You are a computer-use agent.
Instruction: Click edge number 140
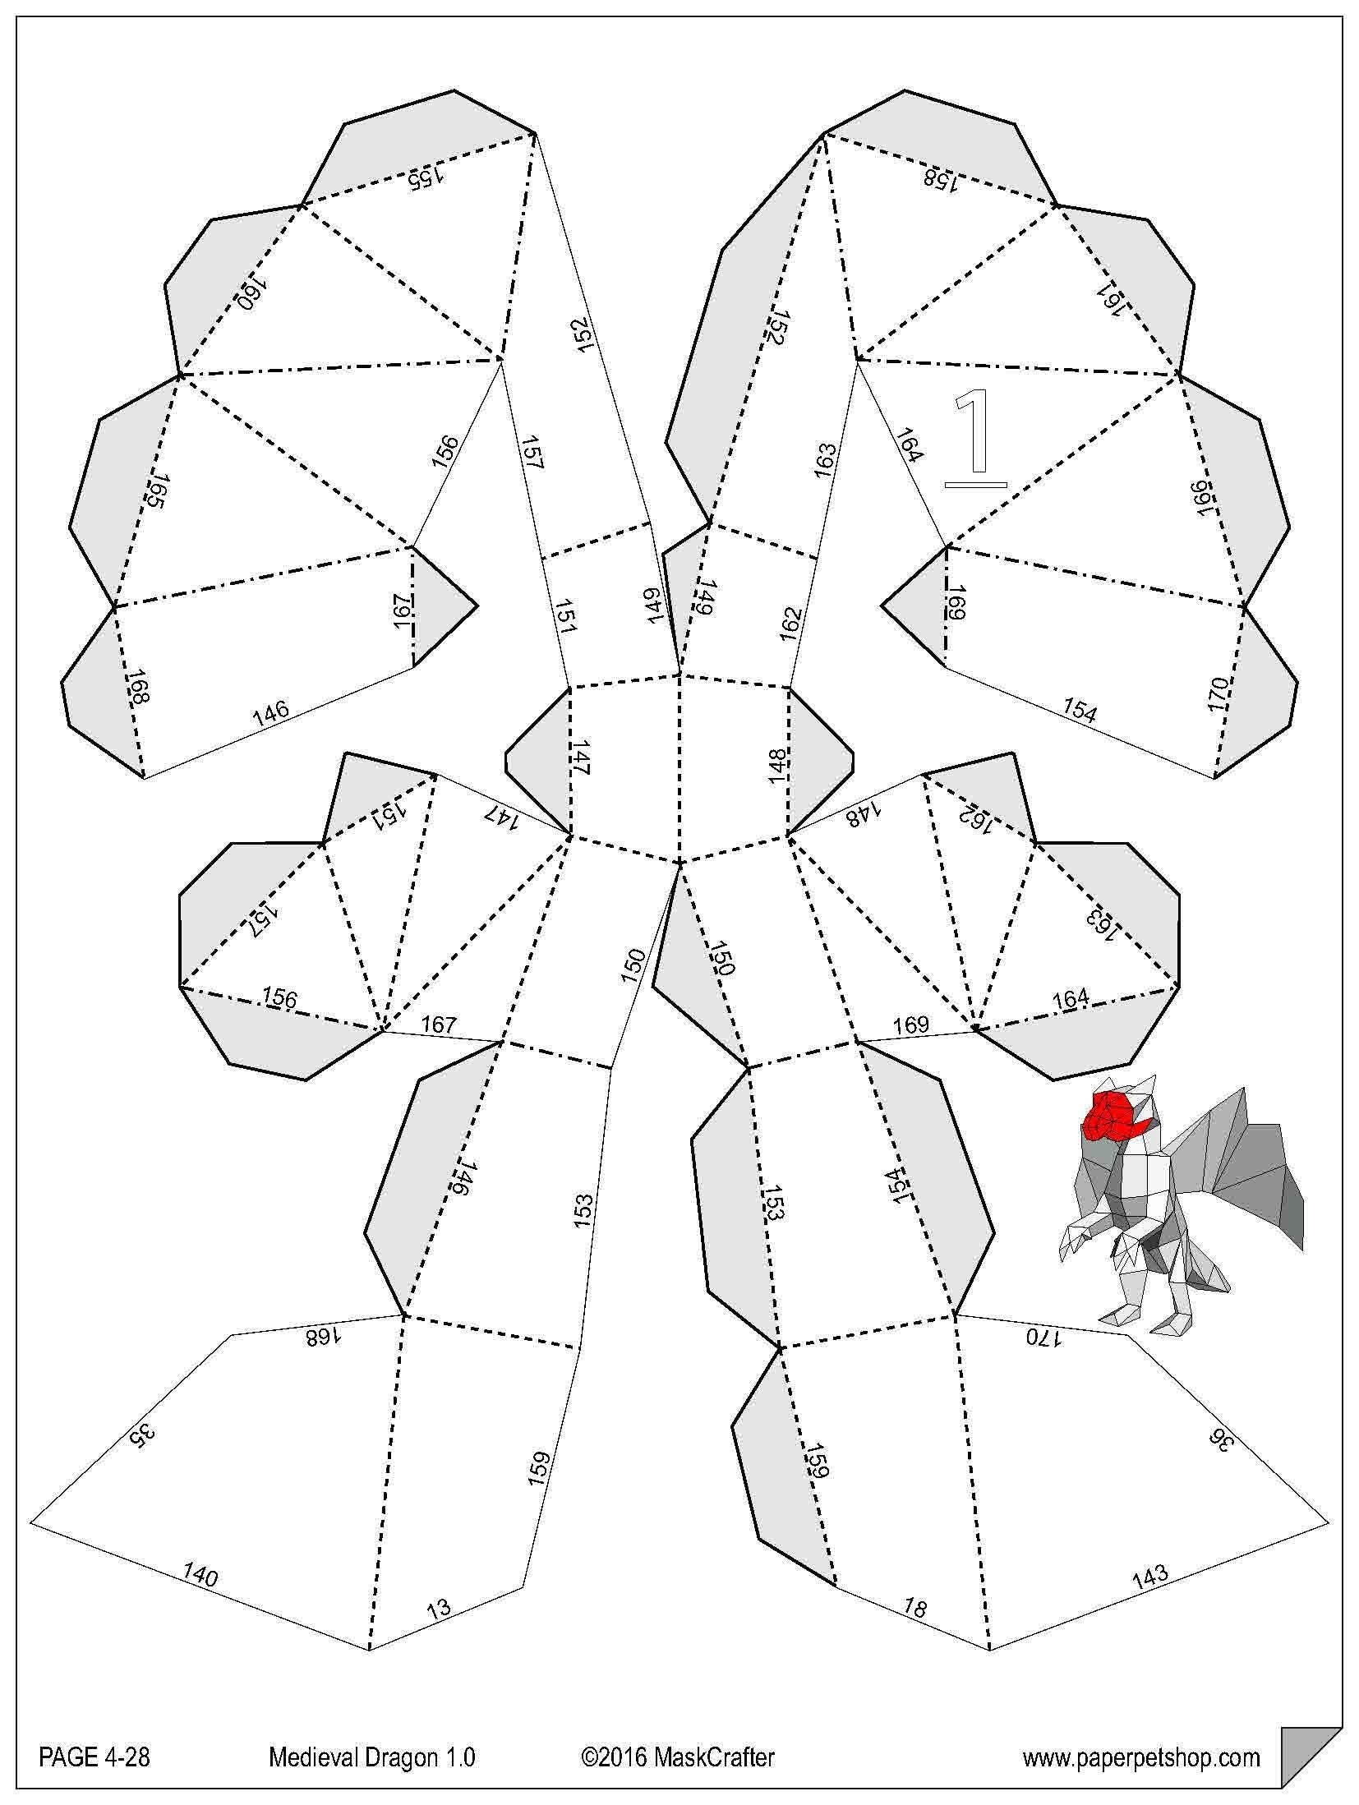pyautogui.click(x=200, y=1575)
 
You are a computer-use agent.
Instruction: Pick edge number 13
pyautogui.click(x=440, y=1606)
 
